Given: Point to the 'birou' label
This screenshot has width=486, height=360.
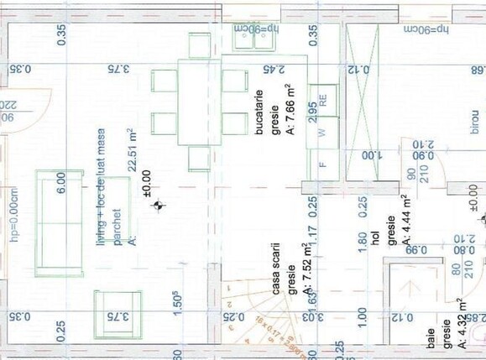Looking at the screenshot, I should (x=473, y=121).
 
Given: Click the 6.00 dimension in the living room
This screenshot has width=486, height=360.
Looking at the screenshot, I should (x=60, y=184).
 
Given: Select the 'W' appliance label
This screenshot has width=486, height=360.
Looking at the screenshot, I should (x=322, y=133).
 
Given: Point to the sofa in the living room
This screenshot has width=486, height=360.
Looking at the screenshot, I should (x=59, y=222).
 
